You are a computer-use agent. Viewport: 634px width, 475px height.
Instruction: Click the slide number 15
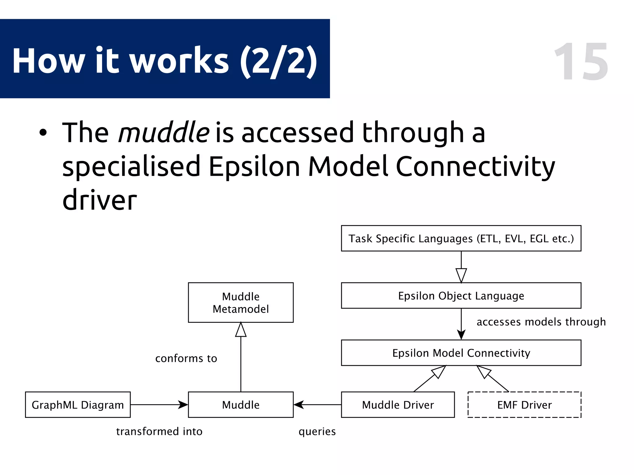[x=581, y=62]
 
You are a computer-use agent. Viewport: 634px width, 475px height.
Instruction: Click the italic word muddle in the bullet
[x=164, y=133]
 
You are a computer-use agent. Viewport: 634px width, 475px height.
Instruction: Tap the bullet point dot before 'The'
[x=43, y=133]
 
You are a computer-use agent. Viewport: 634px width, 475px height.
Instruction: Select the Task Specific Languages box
[x=461, y=238]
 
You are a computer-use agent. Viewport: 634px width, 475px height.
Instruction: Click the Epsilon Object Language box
[x=461, y=296]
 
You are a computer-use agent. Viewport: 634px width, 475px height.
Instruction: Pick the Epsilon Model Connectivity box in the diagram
[x=461, y=353]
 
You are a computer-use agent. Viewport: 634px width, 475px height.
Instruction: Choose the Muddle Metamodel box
[x=241, y=302]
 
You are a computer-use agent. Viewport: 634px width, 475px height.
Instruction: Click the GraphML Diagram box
[x=78, y=405]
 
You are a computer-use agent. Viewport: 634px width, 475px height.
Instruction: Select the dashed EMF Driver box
[x=524, y=405]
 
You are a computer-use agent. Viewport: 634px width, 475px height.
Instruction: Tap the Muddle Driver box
[x=398, y=405]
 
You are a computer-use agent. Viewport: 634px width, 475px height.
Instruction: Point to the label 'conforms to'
[x=186, y=358]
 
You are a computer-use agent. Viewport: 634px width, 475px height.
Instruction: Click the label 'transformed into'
[x=159, y=431]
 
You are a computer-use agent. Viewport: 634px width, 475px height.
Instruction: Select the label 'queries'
[x=317, y=431]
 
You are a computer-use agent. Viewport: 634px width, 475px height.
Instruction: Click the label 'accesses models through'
[x=541, y=322]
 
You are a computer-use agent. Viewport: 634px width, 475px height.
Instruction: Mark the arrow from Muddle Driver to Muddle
[x=317, y=404]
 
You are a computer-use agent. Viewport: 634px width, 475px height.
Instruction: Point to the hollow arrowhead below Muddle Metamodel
[x=241, y=330]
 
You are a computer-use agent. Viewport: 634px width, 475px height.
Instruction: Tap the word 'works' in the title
[x=179, y=61]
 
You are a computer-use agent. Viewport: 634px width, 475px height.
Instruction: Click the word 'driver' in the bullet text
[x=99, y=200]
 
